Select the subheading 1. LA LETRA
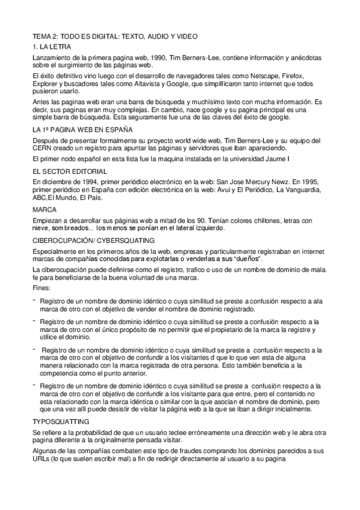52,46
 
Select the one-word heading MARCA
44,210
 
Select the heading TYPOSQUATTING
61,422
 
